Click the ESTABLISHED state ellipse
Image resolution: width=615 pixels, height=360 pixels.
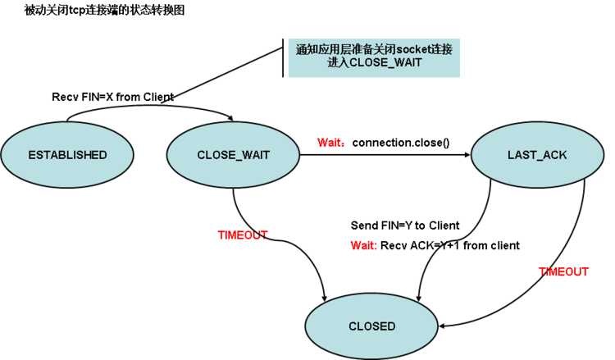pos(67,154)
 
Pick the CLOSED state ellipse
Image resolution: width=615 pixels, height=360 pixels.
pos(371,326)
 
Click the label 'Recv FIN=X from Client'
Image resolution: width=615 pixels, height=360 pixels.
pos(112,97)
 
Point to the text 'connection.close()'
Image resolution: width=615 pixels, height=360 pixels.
pos(401,143)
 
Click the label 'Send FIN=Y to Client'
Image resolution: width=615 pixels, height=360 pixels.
pos(404,226)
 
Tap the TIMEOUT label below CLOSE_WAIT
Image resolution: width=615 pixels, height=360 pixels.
pos(242,235)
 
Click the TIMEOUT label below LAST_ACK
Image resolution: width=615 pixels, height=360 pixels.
pos(563,271)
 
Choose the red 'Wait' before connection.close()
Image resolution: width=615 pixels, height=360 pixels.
pos(330,143)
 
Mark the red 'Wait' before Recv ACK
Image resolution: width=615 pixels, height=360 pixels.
pos(363,245)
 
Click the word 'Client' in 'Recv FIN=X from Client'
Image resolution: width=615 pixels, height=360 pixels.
pos(157,97)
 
